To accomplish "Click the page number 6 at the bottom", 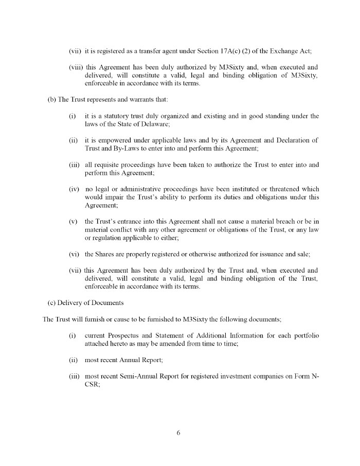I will tap(178, 433).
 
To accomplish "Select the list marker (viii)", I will tap(76, 67).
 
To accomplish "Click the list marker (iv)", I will tap(74, 189).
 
